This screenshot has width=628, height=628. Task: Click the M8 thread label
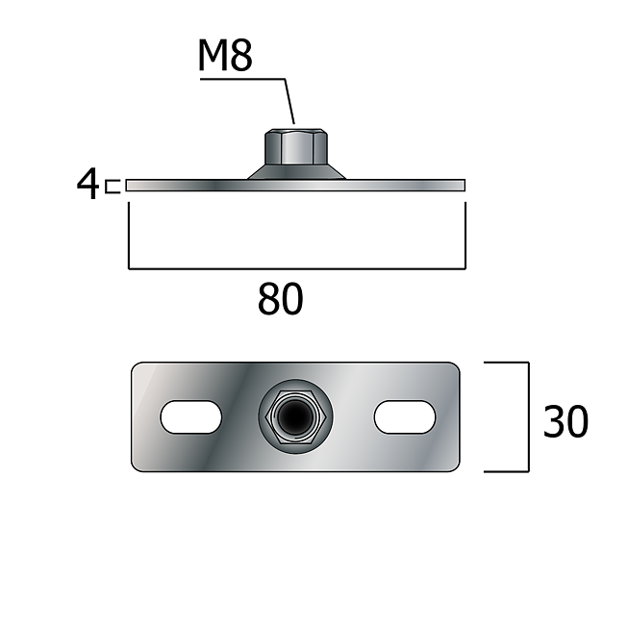(x=225, y=56)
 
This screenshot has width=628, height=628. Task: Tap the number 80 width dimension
(x=281, y=298)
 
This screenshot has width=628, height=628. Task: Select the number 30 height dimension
(x=565, y=421)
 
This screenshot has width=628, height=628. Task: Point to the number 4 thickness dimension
(x=88, y=184)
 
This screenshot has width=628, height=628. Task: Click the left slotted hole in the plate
(x=191, y=417)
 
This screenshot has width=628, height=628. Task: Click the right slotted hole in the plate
(x=405, y=417)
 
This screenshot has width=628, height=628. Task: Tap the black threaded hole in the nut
(x=295, y=417)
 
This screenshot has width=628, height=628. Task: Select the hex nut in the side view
(x=296, y=146)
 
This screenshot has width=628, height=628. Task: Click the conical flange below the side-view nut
(x=296, y=172)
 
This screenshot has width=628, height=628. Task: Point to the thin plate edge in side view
(x=295, y=185)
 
